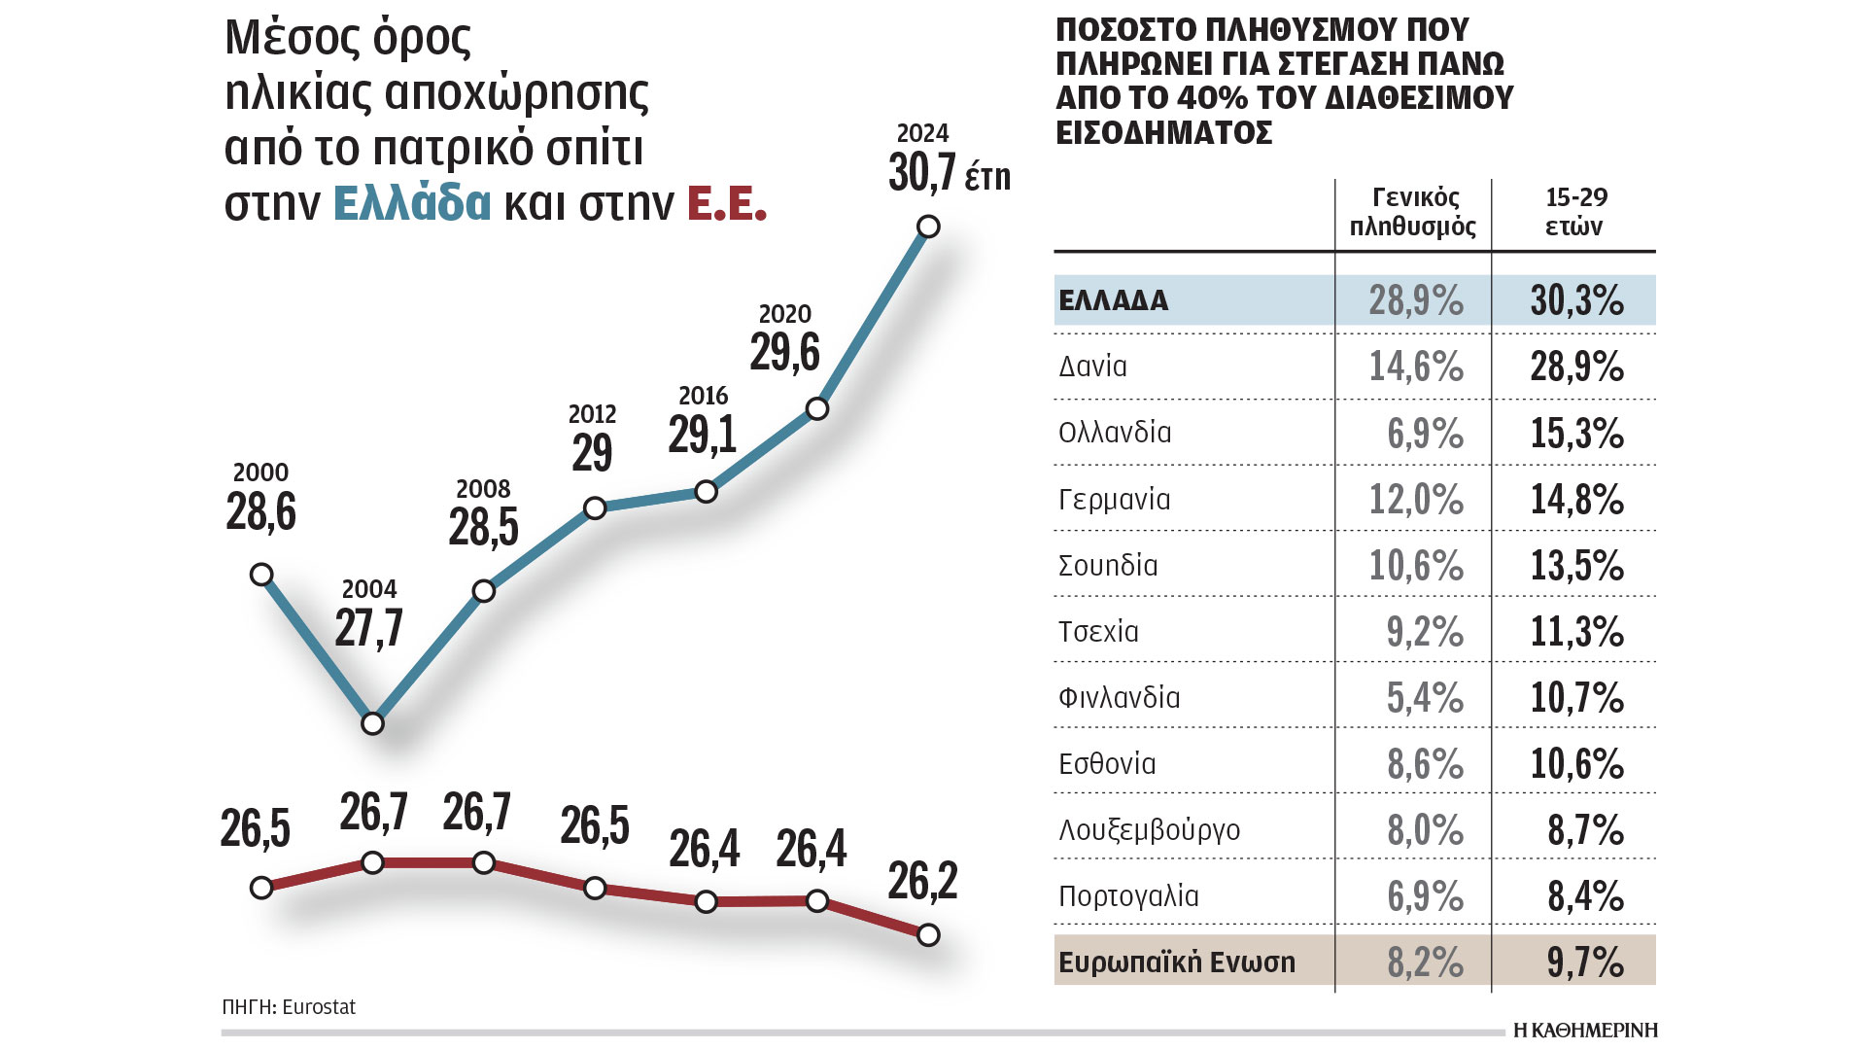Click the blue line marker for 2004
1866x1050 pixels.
372,723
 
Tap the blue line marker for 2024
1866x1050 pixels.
928,227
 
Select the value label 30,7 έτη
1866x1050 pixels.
949,174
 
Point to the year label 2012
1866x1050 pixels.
592,414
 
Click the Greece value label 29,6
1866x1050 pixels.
784,351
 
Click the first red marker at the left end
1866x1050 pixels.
260,888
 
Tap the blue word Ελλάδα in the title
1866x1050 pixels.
412,203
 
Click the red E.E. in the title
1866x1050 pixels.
727,203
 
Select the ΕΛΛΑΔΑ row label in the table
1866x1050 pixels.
1114,300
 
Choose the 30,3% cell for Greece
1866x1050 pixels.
1576,300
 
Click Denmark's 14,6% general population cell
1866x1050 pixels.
1416,367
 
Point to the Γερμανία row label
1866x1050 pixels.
1114,500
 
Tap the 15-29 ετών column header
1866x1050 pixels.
1575,212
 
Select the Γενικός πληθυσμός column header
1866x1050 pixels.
1414,212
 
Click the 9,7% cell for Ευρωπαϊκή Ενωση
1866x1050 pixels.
1585,962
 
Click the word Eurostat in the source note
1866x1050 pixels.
319,1007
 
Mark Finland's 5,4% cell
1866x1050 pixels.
1424,697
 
